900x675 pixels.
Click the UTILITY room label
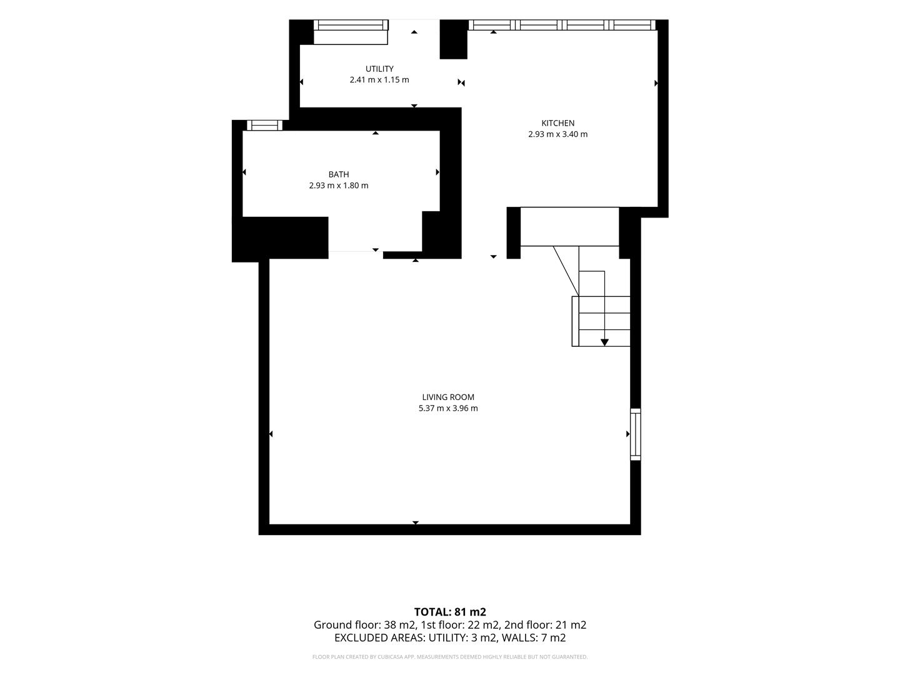click(379, 69)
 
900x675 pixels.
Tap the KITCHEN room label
click(557, 123)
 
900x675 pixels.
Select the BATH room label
click(339, 174)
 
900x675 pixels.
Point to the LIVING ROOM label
click(448, 397)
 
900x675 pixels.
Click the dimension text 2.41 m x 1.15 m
click(379, 80)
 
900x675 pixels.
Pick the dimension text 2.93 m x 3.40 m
click(557, 134)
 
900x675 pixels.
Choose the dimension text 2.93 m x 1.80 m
click(339, 186)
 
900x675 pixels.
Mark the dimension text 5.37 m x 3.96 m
click(448, 408)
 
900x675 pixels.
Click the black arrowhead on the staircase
click(604, 342)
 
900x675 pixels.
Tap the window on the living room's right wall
click(635, 434)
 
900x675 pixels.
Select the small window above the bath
click(264, 125)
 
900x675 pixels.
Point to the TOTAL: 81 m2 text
click(450, 612)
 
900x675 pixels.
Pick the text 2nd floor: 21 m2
click(545, 625)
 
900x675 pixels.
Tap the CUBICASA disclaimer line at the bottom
click(450, 657)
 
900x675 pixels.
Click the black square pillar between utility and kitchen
click(454, 39)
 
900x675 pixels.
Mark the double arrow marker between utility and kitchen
click(461, 82)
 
